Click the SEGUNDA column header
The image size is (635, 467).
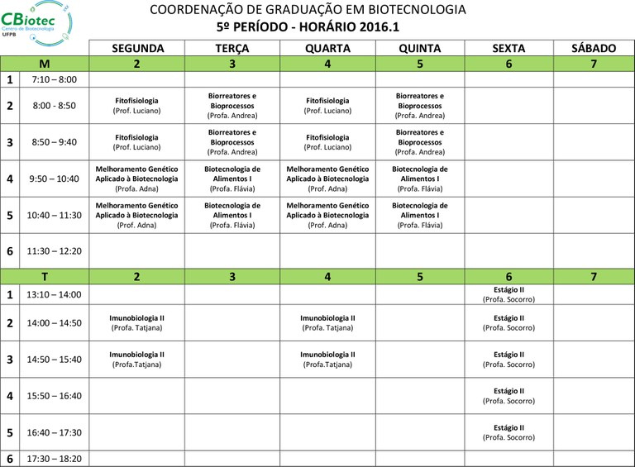(x=136, y=49)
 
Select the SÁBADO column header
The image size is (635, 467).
(x=594, y=49)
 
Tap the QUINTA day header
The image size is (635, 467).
(x=419, y=49)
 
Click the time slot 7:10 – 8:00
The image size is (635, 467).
(x=53, y=79)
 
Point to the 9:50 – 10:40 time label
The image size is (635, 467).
(x=53, y=179)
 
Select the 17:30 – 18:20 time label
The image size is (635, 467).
(x=53, y=459)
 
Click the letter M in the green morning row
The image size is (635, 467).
(x=45, y=64)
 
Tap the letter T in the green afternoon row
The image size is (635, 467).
(x=45, y=277)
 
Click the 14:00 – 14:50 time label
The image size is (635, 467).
(x=53, y=323)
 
